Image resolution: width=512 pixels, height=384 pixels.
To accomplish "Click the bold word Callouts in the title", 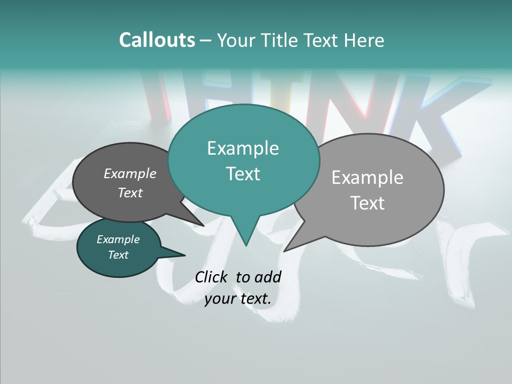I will point(157,40).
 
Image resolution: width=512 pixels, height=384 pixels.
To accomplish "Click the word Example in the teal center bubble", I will point(243,148).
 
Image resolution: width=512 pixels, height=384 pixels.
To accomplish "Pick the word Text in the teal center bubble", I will point(243,174).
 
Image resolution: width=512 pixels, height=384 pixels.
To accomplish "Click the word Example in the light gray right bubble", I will point(367,178).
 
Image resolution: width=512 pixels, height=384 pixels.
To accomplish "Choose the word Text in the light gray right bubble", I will point(367,203).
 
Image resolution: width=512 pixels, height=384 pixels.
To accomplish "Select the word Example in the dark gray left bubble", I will point(130,173).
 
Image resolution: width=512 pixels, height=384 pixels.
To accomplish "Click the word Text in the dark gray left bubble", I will point(130,193).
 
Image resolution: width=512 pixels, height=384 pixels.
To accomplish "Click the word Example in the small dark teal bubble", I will point(118,239).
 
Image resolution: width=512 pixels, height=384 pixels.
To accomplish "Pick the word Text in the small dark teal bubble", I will point(118,255).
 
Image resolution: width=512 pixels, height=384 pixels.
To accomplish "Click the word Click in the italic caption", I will point(211,277).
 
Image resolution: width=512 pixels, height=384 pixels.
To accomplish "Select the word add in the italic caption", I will point(268,277).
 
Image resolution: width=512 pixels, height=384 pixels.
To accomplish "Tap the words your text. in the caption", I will point(238,299).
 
